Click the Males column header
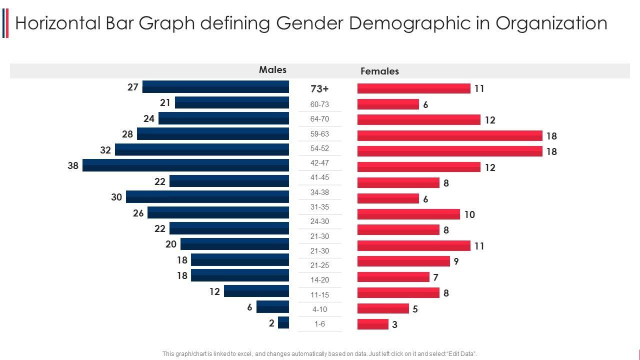pyautogui.click(x=272, y=70)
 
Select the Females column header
pyautogui.click(x=379, y=71)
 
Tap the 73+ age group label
pyautogui.click(x=319, y=89)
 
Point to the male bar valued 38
pyautogui.click(x=185, y=165)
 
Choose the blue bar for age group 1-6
pyautogui.click(x=283, y=322)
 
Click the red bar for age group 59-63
pyautogui.click(x=449, y=135)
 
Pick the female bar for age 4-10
pyautogui.click(x=383, y=308)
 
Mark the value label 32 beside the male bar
pyautogui.click(x=105, y=150)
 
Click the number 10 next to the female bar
pyautogui.click(x=469, y=214)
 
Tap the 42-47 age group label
pyautogui.click(x=319, y=163)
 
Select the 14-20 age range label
pyautogui.click(x=319, y=280)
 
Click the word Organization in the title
pyautogui.click(x=551, y=23)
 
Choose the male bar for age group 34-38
pyautogui.click(x=207, y=196)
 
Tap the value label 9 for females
pyautogui.click(x=456, y=261)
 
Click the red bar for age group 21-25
pyautogui.click(x=403, y=261)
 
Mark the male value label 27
pyautogui.click(x=132, y=87)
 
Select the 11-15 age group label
pyautogui.click(x=319, y=295)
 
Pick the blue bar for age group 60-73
pyautogui.click(x=232, y=103)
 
